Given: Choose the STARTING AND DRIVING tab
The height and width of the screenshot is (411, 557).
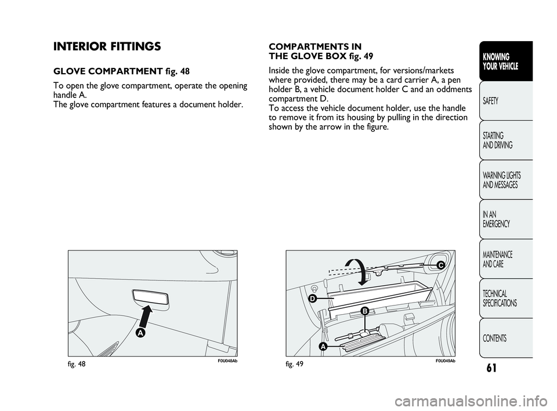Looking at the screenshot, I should (x=497, y=140).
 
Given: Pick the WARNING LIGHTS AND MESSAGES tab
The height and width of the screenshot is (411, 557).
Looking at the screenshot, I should (x=501, y=180).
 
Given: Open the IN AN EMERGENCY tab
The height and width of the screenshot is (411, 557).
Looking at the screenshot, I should (x=496, y=219).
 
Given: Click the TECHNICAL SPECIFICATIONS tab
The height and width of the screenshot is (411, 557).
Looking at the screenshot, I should (x=500, y=298).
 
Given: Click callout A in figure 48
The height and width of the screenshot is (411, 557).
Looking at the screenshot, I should (x=140, y=334).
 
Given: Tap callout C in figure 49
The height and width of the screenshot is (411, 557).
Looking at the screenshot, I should (x=440, y=265).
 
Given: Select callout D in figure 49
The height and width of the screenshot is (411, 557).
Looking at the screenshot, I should (x=312, y=299).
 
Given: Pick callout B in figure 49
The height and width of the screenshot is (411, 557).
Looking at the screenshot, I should (x=364, y=312).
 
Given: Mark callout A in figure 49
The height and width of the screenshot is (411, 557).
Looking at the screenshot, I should (x=322, y=346).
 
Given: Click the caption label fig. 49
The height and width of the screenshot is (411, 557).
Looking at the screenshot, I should (x=295, y=363).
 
